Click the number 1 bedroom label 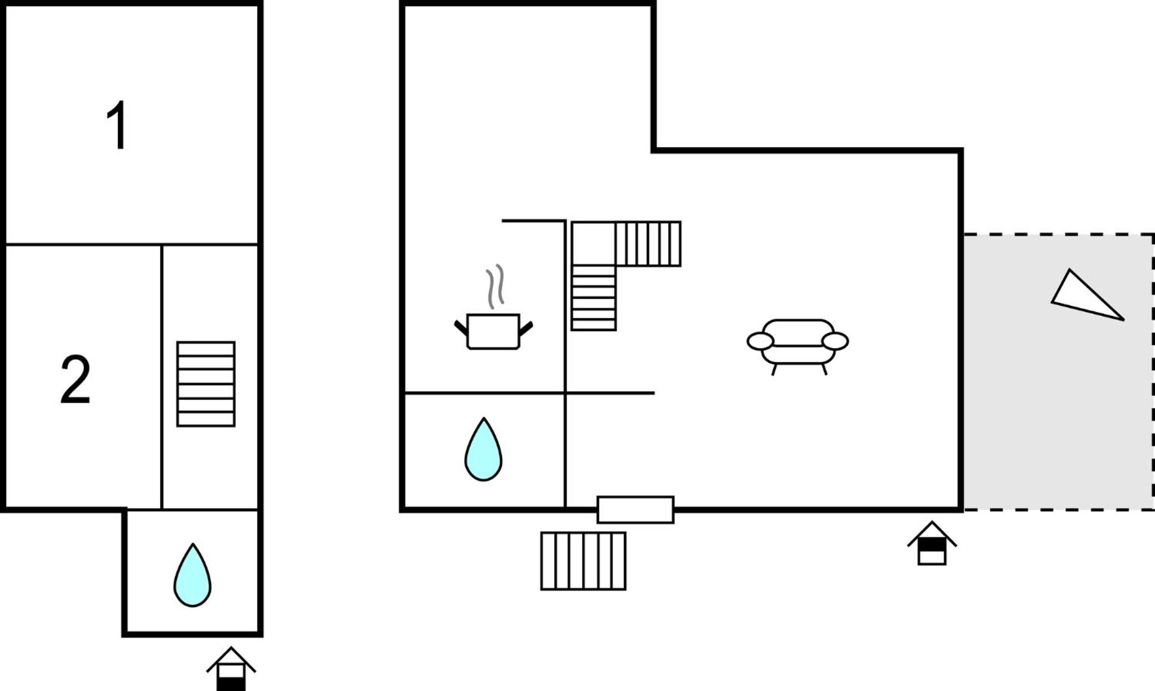click(117, 125)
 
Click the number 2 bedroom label click(75, 378)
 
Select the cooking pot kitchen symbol click(493, 332)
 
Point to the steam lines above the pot click(495, 286)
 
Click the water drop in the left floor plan click(192, 575)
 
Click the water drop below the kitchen click(483, 449)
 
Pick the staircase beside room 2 click(206, 384)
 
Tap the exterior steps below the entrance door click(583, 561)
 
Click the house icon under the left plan click(231, 668)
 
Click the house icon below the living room click(932, 543)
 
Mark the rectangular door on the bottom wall click(636, 509)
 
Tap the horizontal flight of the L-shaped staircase click(648, 244)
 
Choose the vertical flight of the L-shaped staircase click(593, 298)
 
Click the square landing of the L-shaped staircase click(593, 244)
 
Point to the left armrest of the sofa click(760, 341)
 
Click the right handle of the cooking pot click(526, 328)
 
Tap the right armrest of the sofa click(835, 341)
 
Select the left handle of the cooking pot click(461, 328)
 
